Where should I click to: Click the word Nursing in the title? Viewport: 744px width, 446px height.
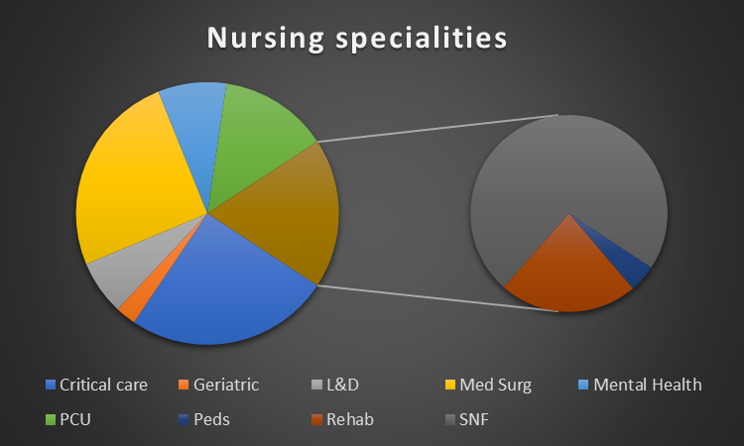click(x=266, y=39)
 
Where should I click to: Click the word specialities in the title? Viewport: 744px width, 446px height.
click(x=422, y=39)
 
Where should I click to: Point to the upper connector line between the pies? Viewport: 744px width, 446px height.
click(x=437, y=128)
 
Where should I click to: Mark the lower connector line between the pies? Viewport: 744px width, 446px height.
click(x=437, y=298)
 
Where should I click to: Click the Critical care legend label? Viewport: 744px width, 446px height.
click(x=103, y=385)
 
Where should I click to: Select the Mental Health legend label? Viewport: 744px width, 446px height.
click(x=648, y=385)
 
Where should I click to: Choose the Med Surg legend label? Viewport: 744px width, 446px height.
click(x=495, y=385)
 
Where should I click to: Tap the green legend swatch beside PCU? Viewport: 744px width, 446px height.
click(x=51, y=419)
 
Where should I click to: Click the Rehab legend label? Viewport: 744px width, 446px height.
click(x=350, y=419)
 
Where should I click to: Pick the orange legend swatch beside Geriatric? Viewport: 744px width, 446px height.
click(x=184, y=385)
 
